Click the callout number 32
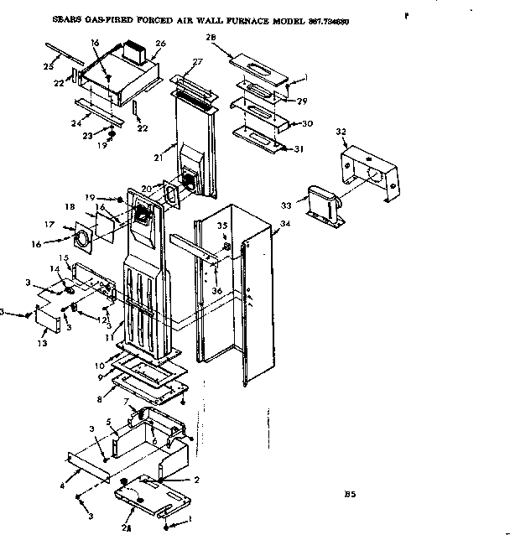(341, 132)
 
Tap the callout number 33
(287, 204)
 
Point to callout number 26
(160, 44)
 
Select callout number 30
(306, 122)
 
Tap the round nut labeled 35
(226, 247)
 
